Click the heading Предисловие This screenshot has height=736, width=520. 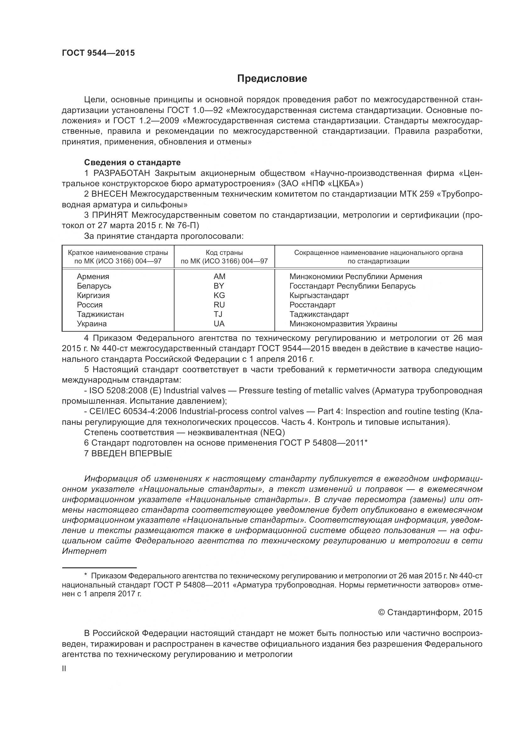pyautogui.click(x=272, y=79)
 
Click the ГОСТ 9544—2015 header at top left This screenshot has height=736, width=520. pyautogui.click(x=98, y=53)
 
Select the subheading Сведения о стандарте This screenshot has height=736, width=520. pyautogui.click(x=132, y=162)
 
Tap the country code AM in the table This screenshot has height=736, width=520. pyautogui.click(x=219, y=276)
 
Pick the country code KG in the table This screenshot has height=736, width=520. pyautogui.click(x=219, y=295)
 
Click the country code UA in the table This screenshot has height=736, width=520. pyautogui.click(x=219, y=324)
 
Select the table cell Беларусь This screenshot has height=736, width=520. pyautogui.click(x=94, y=286)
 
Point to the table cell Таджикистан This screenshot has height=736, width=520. pyautogui.click(x=100, y=314)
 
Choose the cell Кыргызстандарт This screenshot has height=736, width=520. pyautogui.click(x=319, y=295)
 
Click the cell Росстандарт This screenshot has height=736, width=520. pyautogui.click(x=312, y=305)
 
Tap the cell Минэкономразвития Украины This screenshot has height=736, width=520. pyautogui.click(x=343, y=324)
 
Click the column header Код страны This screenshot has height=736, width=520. pyautogui.click(x=224, y=253)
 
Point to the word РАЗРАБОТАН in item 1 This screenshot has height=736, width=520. pyautogui.click(x=122, y=173)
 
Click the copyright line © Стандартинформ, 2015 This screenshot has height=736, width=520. pyautogui.click(x=430, y=613)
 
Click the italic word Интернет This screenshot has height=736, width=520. pyautogui.click(x=84, y=551)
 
